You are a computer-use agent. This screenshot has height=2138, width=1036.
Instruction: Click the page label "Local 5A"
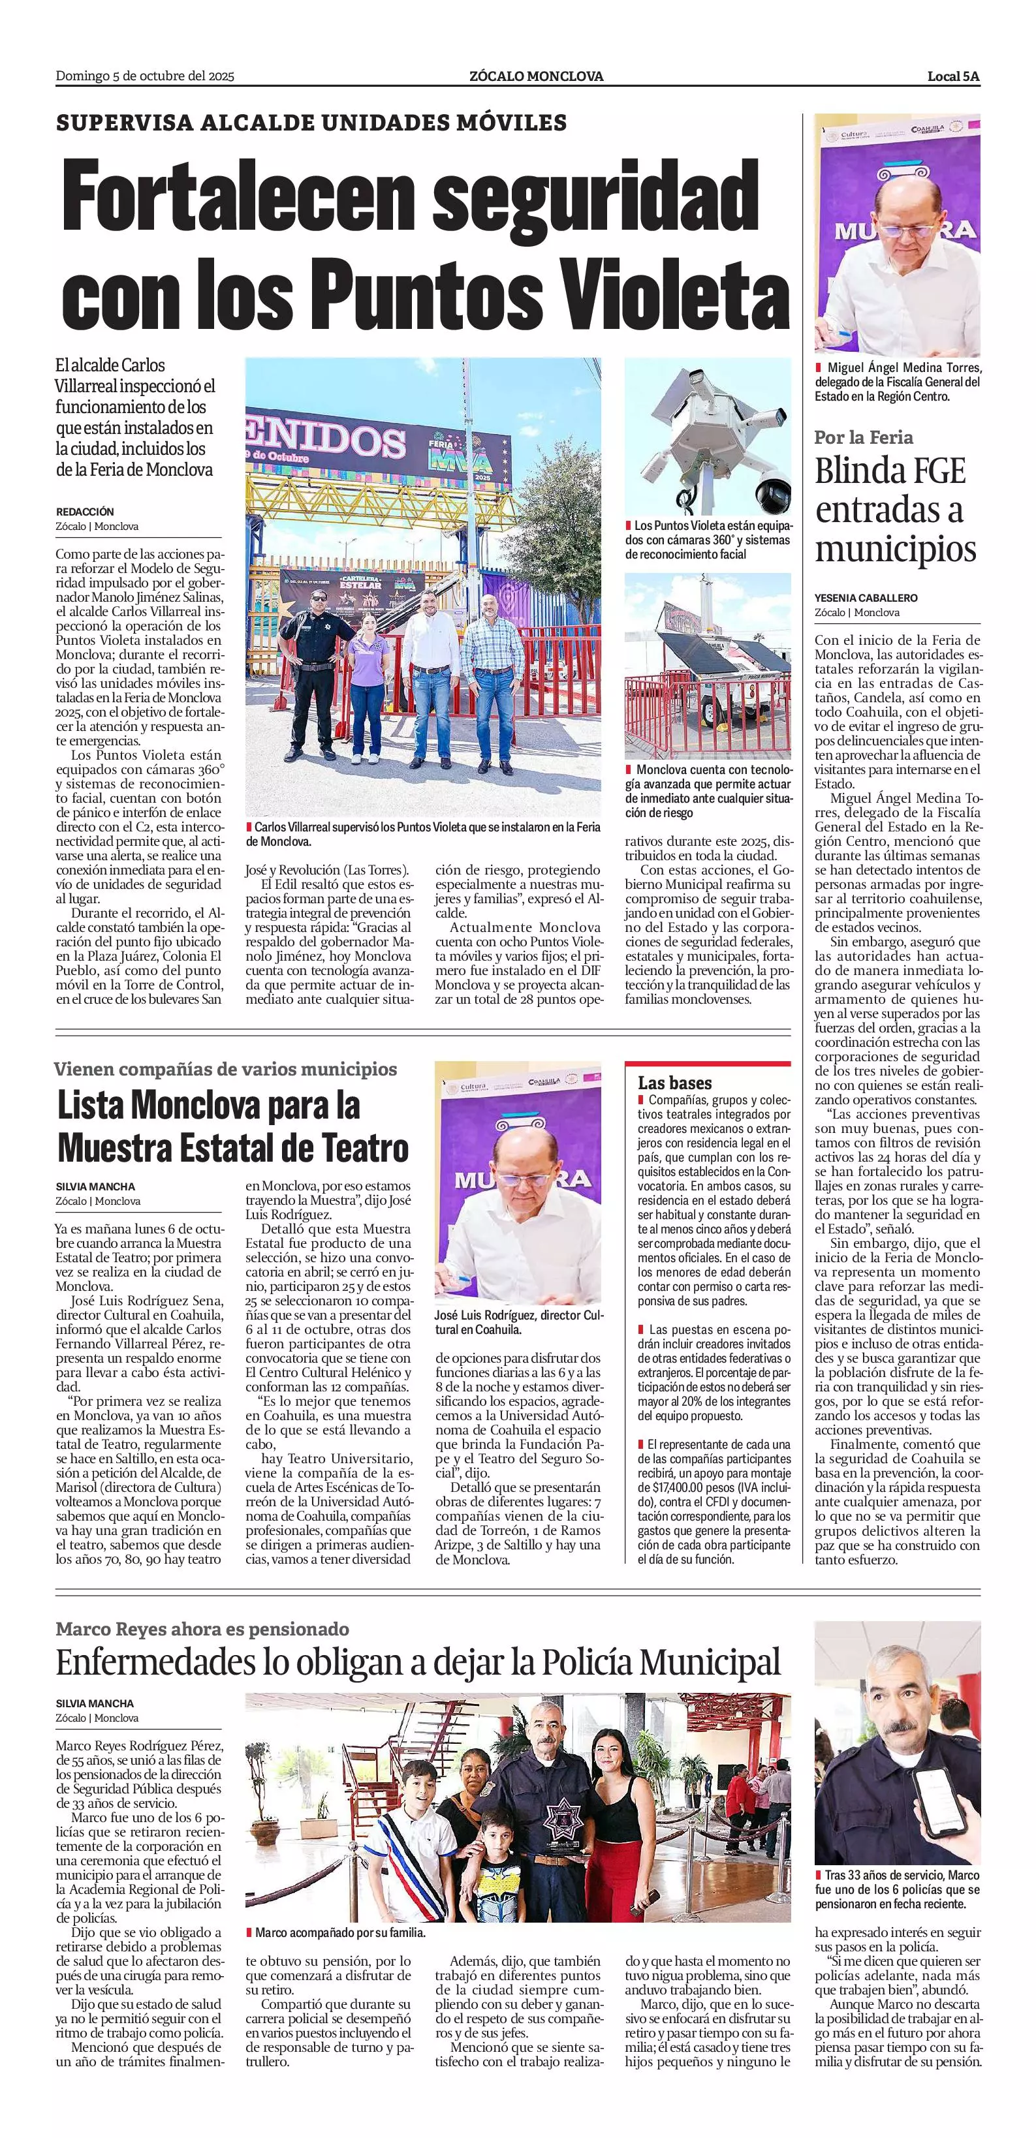[x=953, y=76]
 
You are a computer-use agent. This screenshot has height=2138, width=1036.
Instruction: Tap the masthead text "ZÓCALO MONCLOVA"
[x=535, y=76]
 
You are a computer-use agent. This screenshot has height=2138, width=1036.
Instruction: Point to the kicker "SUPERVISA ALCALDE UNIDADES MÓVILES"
[x=311, y=123]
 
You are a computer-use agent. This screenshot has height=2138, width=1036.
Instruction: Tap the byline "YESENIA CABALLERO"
[x=866, y=598]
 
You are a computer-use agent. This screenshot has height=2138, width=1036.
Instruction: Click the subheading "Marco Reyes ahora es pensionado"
[x=202, y=1629]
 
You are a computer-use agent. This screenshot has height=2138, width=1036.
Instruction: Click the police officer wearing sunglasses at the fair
[x=318, y=672]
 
